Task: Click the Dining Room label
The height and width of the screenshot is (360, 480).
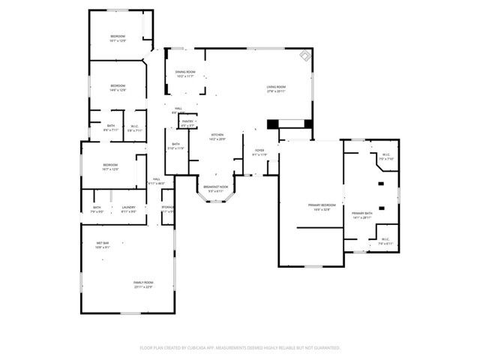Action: pyautogui.click(x=185, y=73)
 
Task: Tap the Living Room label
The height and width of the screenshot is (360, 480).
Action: pyautogui.click(x=275, y=88)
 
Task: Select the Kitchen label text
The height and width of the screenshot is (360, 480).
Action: pyautogui.click(x=217, y=136)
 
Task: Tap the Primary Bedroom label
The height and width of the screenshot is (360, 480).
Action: pyautogui.click(x=321, y=205)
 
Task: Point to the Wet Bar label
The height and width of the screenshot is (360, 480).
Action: pyautogui.click(x=103, y=244)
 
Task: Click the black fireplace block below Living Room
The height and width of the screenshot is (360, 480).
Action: pyautogui.click(x=273, y=124)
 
